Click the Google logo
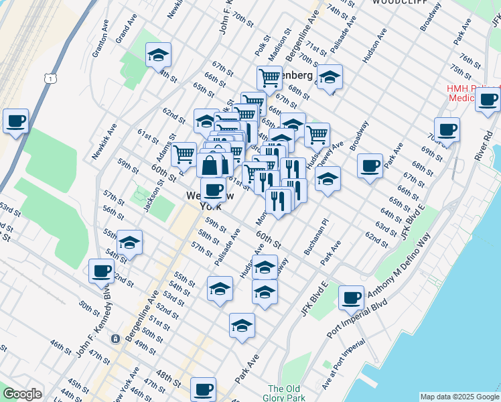(23, 394)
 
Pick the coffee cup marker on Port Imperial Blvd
(351, 297)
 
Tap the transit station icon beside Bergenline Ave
(116, 339)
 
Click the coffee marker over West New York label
(213, 190)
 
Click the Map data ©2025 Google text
(459, 397)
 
